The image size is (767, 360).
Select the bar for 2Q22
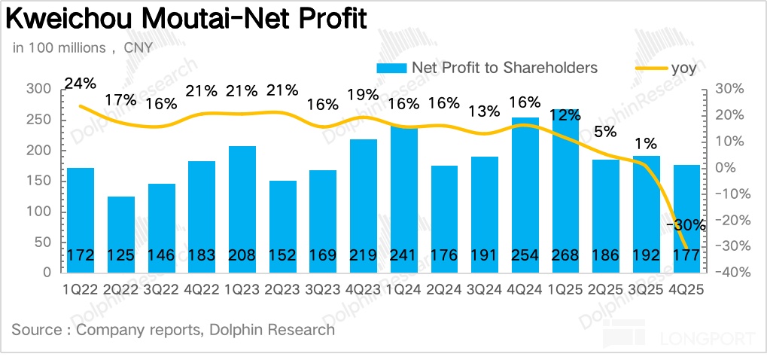click(x=121, y=233)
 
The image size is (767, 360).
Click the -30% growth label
click(x=686, y=224)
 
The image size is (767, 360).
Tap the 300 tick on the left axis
click(x=38, y=90)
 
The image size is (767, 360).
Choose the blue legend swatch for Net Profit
click(x=392, y=68)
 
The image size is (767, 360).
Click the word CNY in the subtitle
click(x=138, y=47)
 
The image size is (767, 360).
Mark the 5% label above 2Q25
click(x=605, y=131)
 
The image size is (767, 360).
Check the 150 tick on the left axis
click(x=38, y=181)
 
